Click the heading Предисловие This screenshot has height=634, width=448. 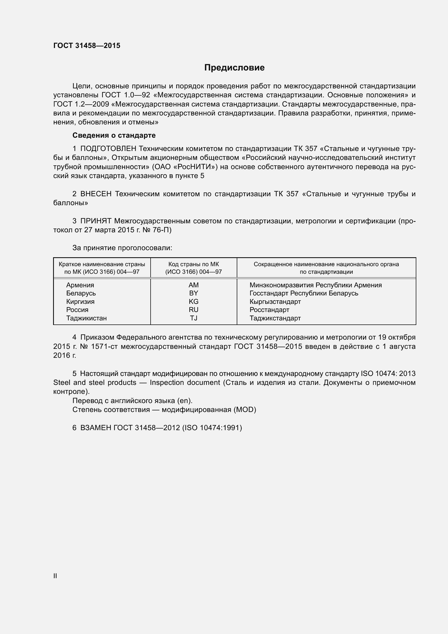[x=234, y=68]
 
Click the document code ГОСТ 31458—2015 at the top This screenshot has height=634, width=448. [x=87, y=46]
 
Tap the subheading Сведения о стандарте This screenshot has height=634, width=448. [x=114, y=135]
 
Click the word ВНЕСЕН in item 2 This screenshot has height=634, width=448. [x=96, y=194]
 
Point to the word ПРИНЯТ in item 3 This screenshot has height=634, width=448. [x=96, y=221]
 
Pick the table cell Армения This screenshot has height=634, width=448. [x=80, y=285]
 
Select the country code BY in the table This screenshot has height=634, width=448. [x=194, y=293]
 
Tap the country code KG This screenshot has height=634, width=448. [x=194, y=301]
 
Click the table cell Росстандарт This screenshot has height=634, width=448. [x=269, y=310]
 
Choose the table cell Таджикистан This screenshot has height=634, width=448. [x=86, y=318]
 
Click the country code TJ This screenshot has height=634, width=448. [x=194, y=318]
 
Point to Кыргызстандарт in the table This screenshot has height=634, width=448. [x=275, y=301]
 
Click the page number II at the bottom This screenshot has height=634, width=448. [x=55, y=576]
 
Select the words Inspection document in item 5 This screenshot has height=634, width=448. [x=185, y=383]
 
